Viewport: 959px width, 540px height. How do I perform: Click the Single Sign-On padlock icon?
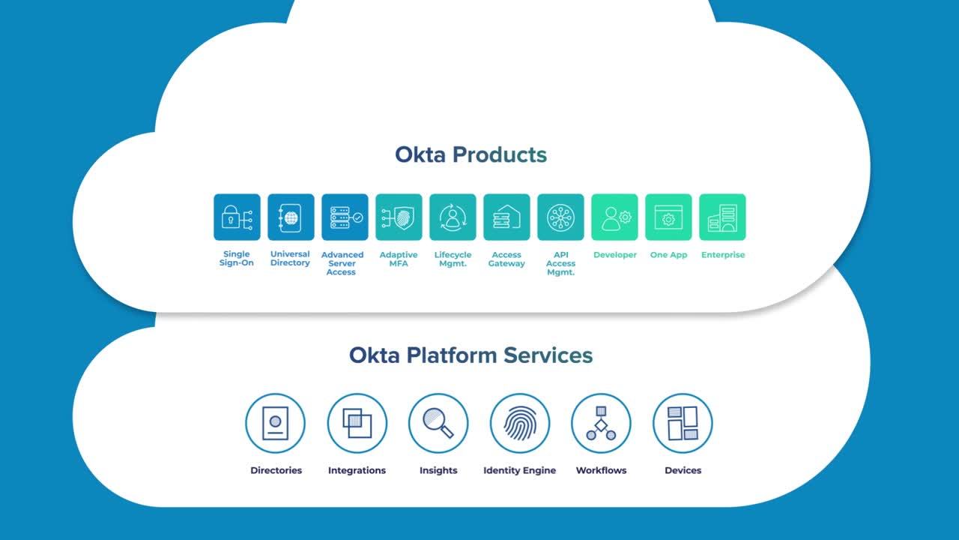point(237,217)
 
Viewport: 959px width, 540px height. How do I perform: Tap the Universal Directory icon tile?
point(291,217)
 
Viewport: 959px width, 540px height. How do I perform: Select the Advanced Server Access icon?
point(345,217)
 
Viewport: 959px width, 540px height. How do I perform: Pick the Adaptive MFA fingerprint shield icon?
point(399,217)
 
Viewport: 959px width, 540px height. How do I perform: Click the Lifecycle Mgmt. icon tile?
point(453,217)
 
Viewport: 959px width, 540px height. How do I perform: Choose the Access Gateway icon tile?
point(506,217)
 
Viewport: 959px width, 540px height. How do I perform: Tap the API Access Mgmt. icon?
point(560,217)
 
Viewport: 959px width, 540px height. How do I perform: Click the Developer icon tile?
point(614,217)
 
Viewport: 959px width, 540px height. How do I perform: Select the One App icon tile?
point(668,217)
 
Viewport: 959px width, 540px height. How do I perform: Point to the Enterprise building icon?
point(722,217)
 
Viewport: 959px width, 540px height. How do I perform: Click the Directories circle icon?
point(275,423)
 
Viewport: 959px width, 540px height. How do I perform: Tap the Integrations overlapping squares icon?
point(357,423)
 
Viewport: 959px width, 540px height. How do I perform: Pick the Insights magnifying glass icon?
point(438,423)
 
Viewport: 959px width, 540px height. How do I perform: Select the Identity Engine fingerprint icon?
point(520,423)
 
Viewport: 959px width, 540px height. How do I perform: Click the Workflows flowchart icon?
point(601,423)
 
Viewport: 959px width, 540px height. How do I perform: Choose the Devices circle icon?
point(683,423)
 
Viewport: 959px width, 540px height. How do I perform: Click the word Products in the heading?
point(500,155)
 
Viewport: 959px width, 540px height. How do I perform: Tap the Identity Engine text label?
point(519,471)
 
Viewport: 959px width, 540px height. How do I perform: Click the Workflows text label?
point(601,471)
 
